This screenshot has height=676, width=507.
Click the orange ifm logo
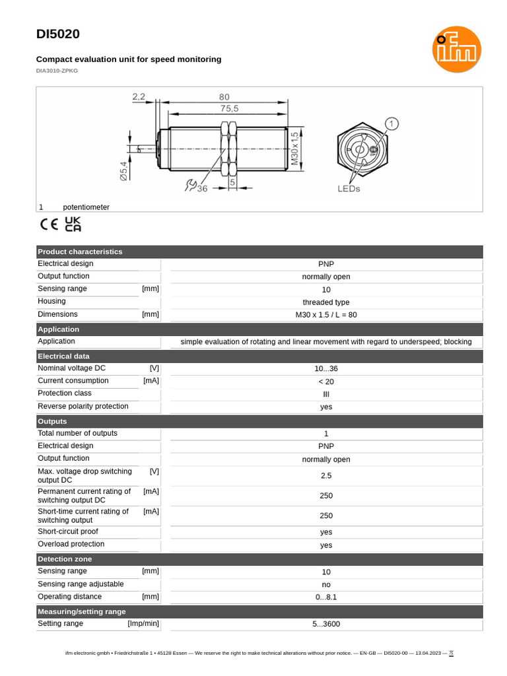[456, 50]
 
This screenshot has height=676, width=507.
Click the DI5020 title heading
[57, 34]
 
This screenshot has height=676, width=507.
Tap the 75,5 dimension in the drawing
[229, 109]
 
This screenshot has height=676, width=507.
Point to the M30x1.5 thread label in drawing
[294, 148]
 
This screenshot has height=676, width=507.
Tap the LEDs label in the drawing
[349, 189]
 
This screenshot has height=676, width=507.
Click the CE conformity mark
[50, 224]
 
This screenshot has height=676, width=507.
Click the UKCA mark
[73, 224]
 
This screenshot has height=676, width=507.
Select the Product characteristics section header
[80, 252]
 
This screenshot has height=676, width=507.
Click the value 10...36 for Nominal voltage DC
[325, 369]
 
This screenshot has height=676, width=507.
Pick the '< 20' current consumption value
[325, 382]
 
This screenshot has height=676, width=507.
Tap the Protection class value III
[325, 394]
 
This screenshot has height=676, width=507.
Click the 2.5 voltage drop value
[325, 475]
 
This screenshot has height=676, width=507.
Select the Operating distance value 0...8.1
[325, 597]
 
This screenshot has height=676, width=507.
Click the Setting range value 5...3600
[325, 624]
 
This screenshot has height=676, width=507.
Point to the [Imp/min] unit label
[143, 623]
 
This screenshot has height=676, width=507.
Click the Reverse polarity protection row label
[83, 406]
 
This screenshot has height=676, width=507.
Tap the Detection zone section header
[65, 559]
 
